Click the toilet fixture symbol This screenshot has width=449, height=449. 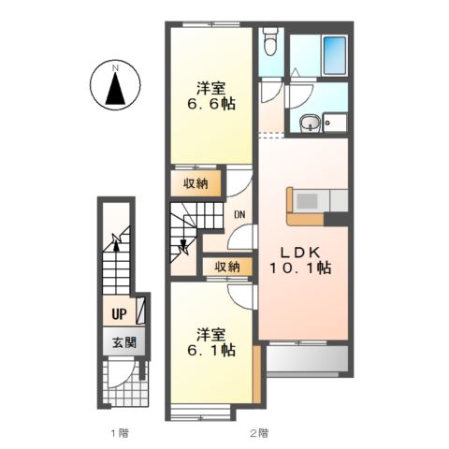click(270, 41)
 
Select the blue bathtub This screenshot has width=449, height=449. click(335, 55)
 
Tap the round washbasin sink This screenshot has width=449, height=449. click(310, 123)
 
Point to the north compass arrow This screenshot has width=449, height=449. click(115, 89)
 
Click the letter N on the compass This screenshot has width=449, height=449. click(115, 67)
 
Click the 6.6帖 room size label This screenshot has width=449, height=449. click(211, 104)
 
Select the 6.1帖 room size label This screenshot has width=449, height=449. click(211, 350)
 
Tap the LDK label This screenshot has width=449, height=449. click(300, 253)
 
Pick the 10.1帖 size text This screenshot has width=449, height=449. click(300, 268)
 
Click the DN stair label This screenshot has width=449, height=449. click(239, 214)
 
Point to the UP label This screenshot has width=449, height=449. click(119, 314)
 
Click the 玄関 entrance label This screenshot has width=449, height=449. click(124, 342)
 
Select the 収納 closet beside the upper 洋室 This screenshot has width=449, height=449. click(196, 183)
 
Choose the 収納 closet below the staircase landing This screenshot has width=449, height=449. click(227, 267)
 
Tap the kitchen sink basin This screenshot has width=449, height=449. click(307, 201)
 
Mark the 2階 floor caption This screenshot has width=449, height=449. click(259, 433)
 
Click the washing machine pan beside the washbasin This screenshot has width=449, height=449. click(335, 123)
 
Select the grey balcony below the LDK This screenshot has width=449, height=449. click(307, 358)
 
